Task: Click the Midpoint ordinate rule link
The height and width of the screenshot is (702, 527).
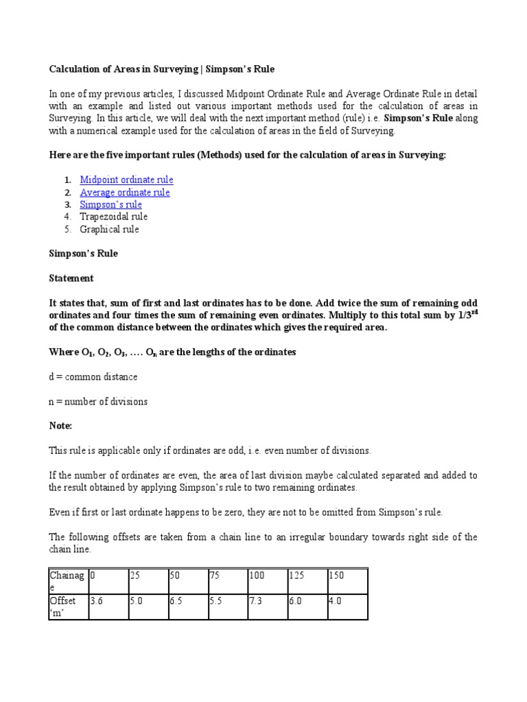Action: tap(126, 180)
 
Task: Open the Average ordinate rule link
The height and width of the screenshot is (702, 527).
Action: tap(125, 192)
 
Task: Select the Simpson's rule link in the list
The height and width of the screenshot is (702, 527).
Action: tap(111, 204)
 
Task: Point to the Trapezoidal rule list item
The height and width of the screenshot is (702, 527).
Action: tap(113, 217)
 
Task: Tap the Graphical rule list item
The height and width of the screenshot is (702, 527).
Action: tap(109, 229)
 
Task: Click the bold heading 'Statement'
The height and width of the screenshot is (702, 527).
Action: tap(71, 278)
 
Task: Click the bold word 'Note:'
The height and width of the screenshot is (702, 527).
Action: tap(60, 426)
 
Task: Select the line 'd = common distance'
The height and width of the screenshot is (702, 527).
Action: tap(93, 376)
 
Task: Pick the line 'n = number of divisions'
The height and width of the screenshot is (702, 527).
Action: tap(98, 401)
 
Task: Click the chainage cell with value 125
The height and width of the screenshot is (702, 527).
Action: tap(307, 581)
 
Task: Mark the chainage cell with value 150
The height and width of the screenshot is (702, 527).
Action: tap(347, 581)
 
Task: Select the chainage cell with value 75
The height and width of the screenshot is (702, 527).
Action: tap(227, 581)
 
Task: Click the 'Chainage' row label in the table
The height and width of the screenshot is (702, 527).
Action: tap(67, 581)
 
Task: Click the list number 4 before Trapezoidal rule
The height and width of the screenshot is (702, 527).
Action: tap(67, 217)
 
